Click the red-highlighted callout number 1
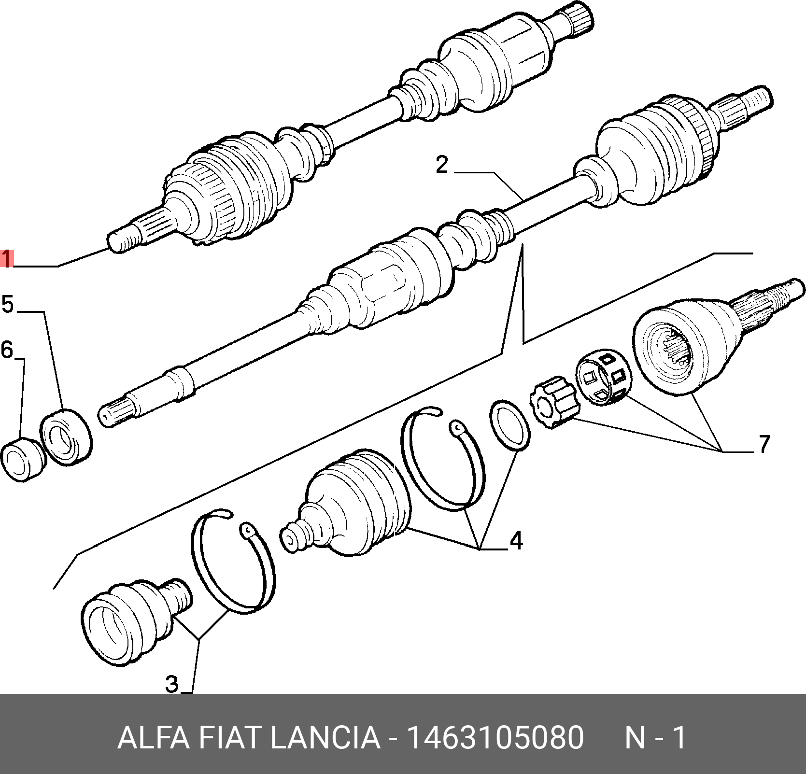pyautogui.click(x=7, y=259)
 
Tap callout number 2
pyautogui.click(x=442, y=165)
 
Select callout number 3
pyautogui.click(x=172, y=684)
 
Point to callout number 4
pyautogui.click(x=516, y=541)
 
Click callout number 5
pyautogui.click(x=8, y=305)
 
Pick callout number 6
pyautogui.click(x=7, y=350)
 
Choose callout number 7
pyautogui.click(x=764, y=444)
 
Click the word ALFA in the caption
pyautogui.click(x=153, y=738)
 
